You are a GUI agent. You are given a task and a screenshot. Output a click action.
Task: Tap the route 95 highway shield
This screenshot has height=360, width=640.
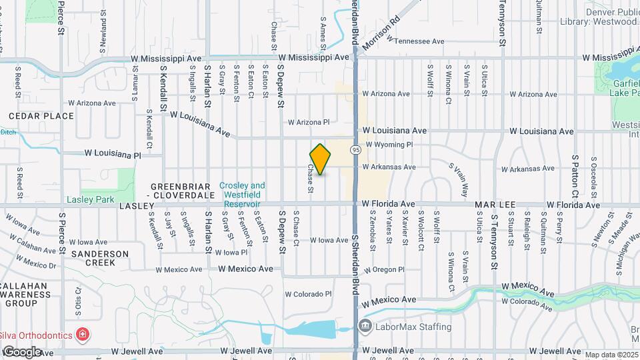[x=357, y=149]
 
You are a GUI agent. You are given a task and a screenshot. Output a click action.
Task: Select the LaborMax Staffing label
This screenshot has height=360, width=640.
[x=413, y=327]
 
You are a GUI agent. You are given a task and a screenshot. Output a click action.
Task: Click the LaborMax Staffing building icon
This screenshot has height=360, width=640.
[x=365, y=327]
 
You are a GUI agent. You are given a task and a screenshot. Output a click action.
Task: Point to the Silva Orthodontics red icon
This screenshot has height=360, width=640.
[x=83, y=333]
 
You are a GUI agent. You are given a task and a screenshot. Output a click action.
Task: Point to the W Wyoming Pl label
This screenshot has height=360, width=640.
[x=390, y=144]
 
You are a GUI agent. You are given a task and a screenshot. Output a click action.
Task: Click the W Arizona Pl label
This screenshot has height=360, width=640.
[x=309, y=122]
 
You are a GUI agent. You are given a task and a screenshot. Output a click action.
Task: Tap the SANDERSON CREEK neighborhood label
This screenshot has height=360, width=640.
[x=100, y=258]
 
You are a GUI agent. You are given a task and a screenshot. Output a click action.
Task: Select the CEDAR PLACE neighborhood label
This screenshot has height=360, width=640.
[x=41, y=116]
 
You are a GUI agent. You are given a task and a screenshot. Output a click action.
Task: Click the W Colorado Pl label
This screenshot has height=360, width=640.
[x=308, y=294]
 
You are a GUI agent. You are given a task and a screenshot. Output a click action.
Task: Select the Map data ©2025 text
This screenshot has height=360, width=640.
[x=611, y=355]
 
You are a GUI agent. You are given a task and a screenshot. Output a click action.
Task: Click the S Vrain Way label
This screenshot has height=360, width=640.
[x=458, y=181]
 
